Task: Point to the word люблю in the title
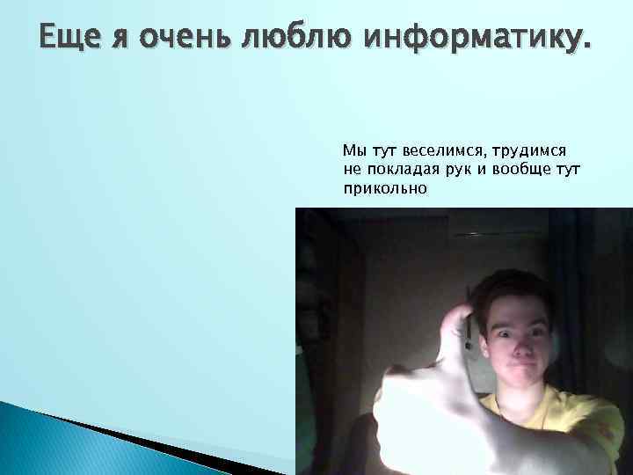coord(295,39)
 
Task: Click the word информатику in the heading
coord(470,39)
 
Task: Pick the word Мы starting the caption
coord(353,151)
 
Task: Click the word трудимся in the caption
coord(533,151)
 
